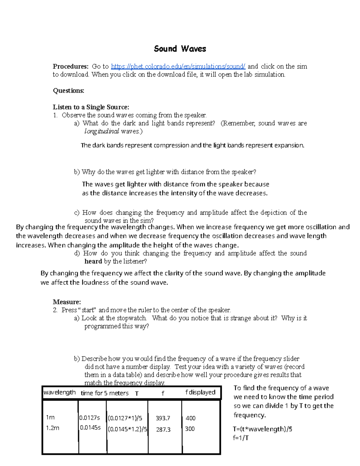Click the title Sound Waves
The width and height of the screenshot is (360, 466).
pyautogui.click(x=180, y=49)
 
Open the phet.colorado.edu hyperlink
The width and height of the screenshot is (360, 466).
pyautogui.click(x=178, y=66)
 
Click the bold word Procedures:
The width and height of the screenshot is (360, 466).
pyautogui.click(x=70, y=66)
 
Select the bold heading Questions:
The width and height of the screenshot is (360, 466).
pyautogui.click(x=68, y=91)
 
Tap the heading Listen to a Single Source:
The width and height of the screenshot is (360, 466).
pyautogui.click(x=91, y=107)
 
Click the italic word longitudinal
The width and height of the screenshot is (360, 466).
pyautogui.click(x=102, y=131)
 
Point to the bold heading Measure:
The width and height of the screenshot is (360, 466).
pyautogui.click(x=67, y=302)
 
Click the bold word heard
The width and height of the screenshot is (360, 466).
pyautogui.click(x=93, y=261)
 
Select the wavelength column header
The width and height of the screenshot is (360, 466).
pyautogui.click(x=59, y=392)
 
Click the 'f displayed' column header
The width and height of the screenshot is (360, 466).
pyautogui.click(x=200, y=392)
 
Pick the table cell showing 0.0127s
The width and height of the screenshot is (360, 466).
pyautogui.click(x=89, y=418)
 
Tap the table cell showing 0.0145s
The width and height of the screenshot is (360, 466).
pyautogui.click(x=90, y=428)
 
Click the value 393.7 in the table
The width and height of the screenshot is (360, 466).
pyautogui.click(x=163, y=418)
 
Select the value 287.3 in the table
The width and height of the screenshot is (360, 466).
pyautogui.click(x=163, y=430)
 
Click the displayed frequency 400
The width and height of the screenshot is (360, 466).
pyautogui.click(x=190, y=418)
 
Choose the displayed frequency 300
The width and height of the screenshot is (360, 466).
pyautogui.click(x=190, y=429)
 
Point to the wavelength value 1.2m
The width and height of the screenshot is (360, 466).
pyautogui.click(x=52, y=428)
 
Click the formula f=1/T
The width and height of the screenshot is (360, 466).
pyautogui.click(x=241, y=438)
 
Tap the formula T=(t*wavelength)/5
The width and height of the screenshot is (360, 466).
pyautogui.click(x=262, y=429)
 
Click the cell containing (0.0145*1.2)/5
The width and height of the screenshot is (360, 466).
pyautogui.click(x=127, y=429)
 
